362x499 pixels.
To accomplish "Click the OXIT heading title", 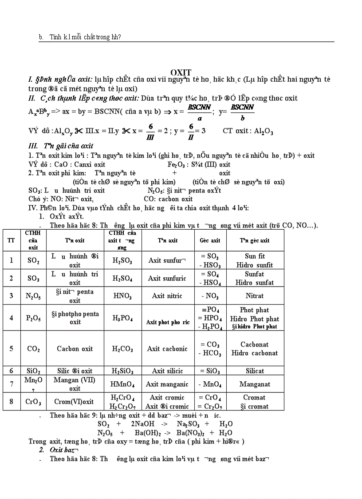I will [181, 72].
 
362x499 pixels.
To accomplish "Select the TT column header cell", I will [11, 240].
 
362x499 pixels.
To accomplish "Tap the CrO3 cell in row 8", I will [33, 402].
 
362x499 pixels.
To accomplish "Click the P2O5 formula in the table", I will [33, 318].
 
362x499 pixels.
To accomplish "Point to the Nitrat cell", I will [255, 295].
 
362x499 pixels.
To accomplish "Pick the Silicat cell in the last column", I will [255, 371].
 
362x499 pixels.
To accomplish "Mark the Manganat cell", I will [255, 384].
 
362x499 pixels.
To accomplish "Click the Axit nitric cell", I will [167, 295].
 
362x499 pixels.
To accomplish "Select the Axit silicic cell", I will [167, 371].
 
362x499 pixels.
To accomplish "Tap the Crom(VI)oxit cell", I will [75, 402].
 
